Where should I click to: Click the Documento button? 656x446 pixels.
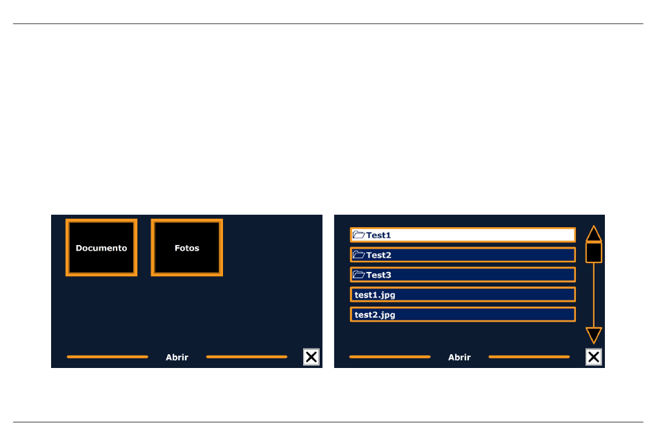click(x=102, y=248)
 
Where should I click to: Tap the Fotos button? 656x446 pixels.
click(x=186, y=248)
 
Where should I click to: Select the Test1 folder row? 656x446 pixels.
click(x=463, y=235)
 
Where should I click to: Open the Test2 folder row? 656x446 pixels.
click(x=463, y=255)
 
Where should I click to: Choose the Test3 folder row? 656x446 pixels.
click(x=463, y=275)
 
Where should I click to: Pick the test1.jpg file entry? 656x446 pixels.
click(x=463, y=295)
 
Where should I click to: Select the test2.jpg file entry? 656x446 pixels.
click(x=463, y=315)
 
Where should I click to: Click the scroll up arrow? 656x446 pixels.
click(x=594, y=235)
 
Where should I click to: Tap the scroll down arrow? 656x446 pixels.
click(x=594, y=335)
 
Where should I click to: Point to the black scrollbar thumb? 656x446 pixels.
click(x=594, y=253)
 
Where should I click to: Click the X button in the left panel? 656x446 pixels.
click(x=311, y=357)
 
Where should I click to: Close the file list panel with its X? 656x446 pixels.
click(x=594, y=357)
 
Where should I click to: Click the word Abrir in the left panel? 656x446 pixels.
click(x=177, y=358)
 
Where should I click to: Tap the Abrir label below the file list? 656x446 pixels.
click(x=459, y=358)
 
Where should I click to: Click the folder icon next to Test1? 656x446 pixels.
click(x=358, y=235)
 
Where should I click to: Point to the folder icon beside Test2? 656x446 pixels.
click(x=358, y=254)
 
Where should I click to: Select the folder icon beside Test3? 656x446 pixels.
click(x=358, y=275)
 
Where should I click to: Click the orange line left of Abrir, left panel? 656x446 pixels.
click(x=108, y=357)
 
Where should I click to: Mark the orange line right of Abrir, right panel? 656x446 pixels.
click(x=529, y=357)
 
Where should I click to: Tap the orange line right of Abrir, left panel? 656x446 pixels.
click(x=247, y=357)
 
